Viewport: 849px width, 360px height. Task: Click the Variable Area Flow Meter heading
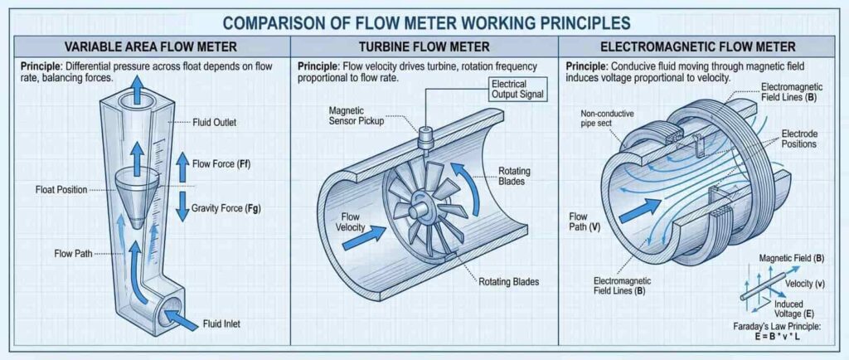click(x=147, y=46)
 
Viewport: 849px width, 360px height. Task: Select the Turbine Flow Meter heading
click(x=424, y=46)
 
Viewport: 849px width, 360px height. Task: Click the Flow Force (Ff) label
click(x=221, y=163)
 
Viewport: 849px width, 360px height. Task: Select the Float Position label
click(x=61, y=189)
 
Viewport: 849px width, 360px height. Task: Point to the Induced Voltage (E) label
click(x=787, y=308)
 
